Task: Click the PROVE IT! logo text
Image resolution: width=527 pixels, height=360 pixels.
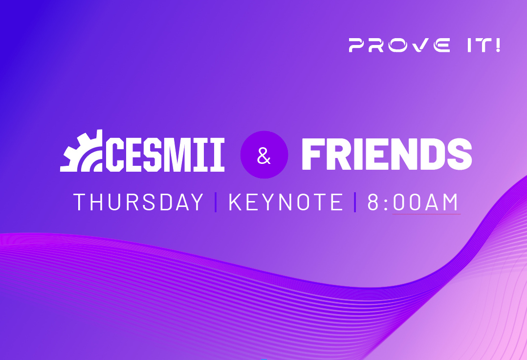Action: tap(424, 45)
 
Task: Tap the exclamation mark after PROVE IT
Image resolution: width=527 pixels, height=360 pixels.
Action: tap(498, 45)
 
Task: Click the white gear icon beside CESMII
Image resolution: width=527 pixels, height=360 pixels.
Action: tap(81, 151)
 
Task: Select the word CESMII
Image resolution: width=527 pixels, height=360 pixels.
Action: tap(165, 154)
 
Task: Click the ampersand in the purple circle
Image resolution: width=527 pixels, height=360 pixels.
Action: tap(264, 155)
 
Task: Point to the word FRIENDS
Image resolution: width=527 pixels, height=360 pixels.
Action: tap(387, 154)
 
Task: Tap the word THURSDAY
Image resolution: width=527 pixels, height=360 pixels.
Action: tap(138, 202)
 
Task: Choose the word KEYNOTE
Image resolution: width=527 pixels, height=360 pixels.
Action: tap(286, 202)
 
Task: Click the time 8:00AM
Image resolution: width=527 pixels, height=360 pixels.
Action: tap(413, 202)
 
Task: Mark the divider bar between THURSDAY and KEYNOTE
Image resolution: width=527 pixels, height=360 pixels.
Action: tap(216, 202)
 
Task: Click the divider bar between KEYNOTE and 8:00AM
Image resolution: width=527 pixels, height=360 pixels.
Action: tap(355, 202)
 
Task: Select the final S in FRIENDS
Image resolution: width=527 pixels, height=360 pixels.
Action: tap(460, 154)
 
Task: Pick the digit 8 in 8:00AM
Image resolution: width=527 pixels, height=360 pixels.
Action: tap(373, 202)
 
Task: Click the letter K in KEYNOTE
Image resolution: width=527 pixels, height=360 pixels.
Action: tap(236, 202)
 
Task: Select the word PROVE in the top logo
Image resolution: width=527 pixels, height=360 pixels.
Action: tap(399, 45)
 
